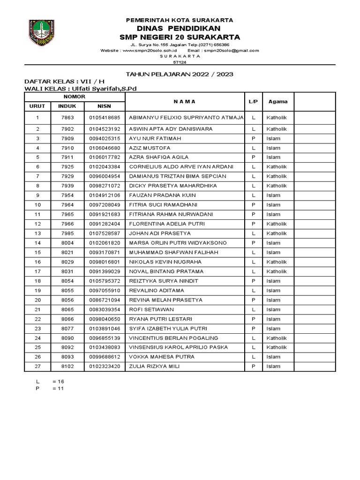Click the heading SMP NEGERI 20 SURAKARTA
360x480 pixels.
coord(180,37)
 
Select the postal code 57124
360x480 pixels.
coord(180,61)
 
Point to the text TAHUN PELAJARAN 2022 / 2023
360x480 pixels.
coord(180,75)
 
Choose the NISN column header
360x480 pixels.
coord(104,106)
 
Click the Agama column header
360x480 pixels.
coord(278,102)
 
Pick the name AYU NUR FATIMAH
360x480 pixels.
coord(155,138)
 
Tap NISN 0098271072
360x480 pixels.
coord(105,186)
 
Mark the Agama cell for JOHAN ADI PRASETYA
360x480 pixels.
coord(276,233)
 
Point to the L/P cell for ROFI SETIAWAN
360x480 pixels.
coord(253,309)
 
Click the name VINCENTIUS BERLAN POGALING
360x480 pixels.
coord(173,338)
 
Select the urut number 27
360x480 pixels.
coord(37,367)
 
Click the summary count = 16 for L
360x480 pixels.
coord(58,382)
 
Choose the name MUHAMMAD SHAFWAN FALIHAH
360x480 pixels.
coord(169,252)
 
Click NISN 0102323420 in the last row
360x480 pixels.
coord(105,367)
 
